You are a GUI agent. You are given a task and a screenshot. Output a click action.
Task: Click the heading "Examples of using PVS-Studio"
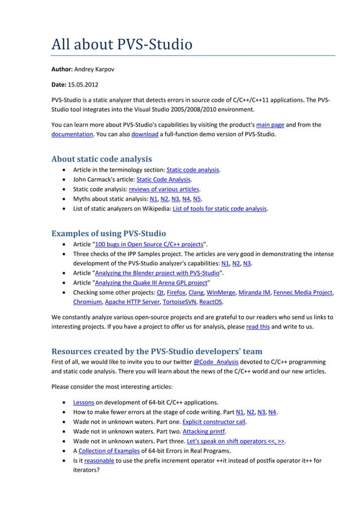click(x=109, y=233)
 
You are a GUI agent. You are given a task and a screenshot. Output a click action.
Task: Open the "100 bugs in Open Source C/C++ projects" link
click(x=150, y=243)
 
